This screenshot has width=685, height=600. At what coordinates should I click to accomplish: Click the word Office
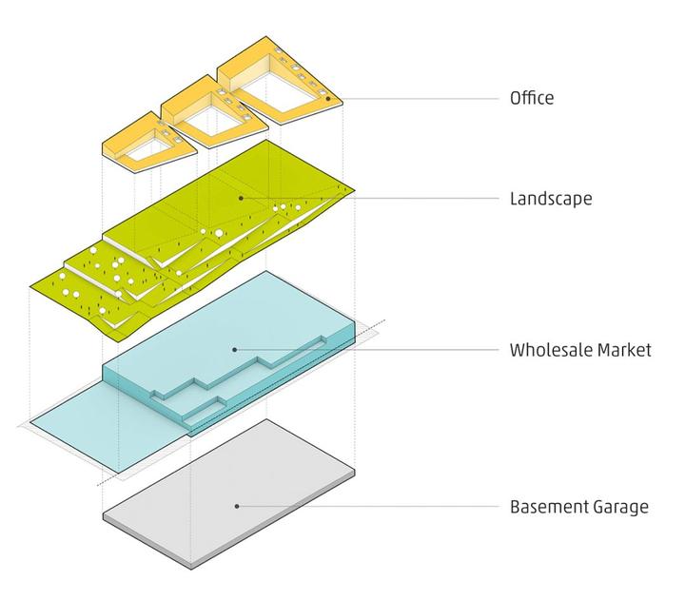coord(532,97)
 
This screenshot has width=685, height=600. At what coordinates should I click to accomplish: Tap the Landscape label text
coord(551,199)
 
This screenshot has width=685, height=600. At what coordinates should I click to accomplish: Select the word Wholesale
coord(550,350)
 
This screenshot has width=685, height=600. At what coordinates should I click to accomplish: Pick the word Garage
coord(620,508)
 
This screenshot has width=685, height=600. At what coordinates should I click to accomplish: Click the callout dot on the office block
coord(328,99)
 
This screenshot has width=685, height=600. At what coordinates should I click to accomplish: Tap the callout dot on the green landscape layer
coord(241,198)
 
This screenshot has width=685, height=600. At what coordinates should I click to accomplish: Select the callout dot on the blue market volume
coord(235,350)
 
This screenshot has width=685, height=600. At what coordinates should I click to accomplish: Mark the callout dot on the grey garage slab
coord(237,507)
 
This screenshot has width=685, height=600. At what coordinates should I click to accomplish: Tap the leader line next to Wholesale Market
coord(368,350)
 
